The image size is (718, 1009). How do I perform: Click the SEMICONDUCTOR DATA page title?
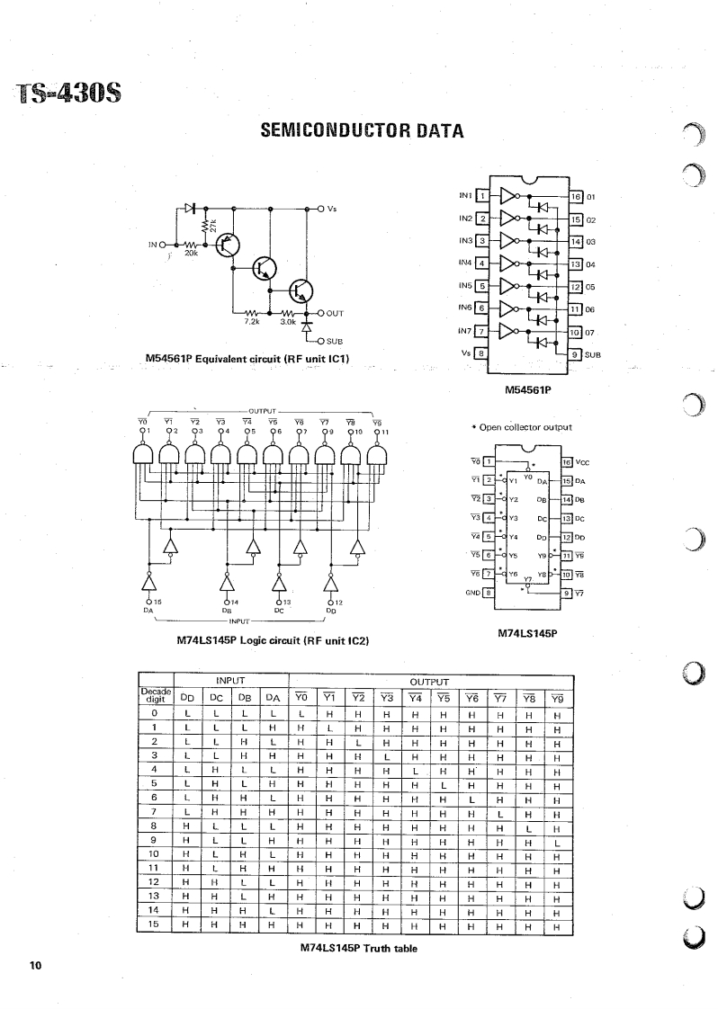pyautogui.click(x=362, y=132)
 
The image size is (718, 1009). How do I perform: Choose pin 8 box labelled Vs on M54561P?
pyautogui.click(x=482, y=353)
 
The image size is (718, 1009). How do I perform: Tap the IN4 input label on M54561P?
pyautogui.click(x=465, y=263)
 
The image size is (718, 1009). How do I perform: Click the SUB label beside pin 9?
pyautogui.click(x=593, y=354)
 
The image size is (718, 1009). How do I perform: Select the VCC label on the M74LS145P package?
pyautogui.click(x=583, y=461)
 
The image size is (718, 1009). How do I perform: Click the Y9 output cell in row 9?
pyautogui.click(x=558, y=843)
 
